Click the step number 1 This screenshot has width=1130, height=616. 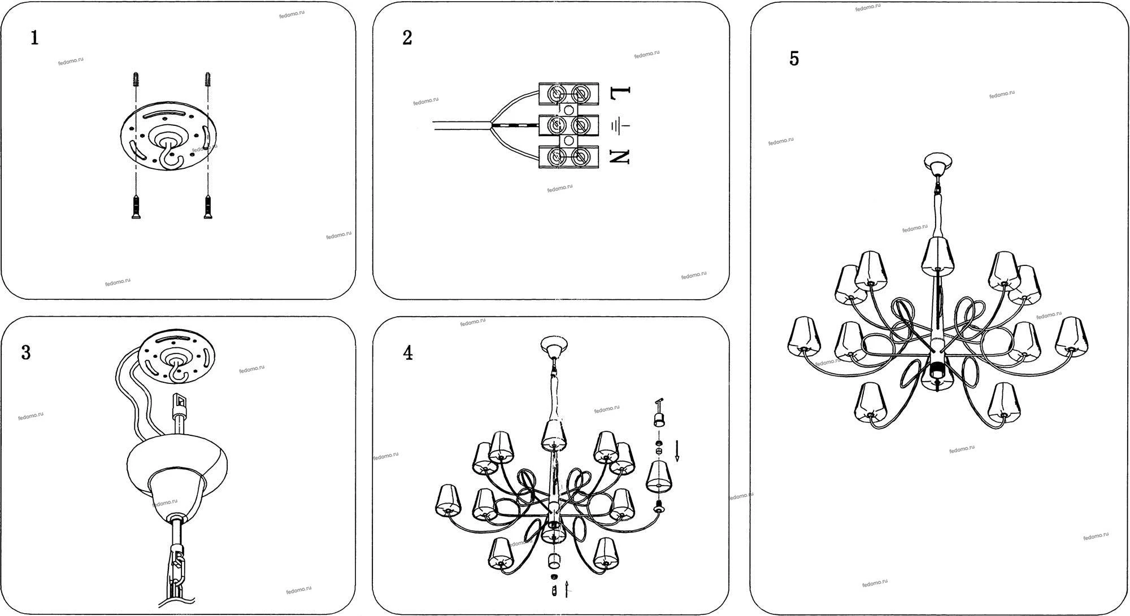[x=34, y=38]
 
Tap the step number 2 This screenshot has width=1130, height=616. [x=407, y=38]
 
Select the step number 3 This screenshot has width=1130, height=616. [x=26, y=352]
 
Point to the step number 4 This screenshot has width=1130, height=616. [x=408, y=353]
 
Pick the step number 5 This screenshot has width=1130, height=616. [x=794, y=59]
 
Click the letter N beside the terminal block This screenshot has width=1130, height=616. [x=620, y=156]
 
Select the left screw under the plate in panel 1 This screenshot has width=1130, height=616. [x=136, y=207]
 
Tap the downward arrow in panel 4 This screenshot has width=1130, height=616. [x=677, y=450]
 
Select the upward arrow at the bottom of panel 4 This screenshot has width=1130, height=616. [x=566, y=588]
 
